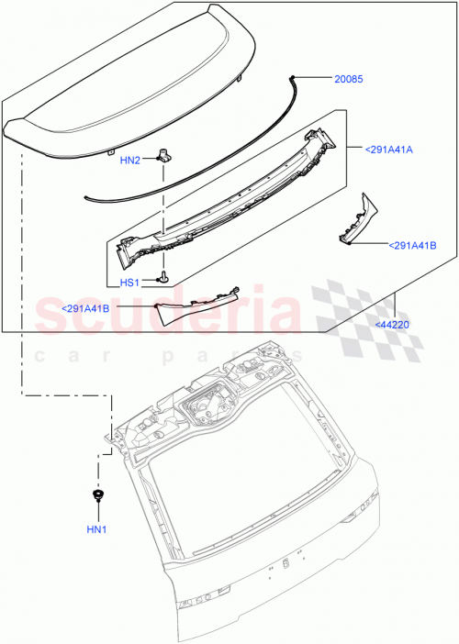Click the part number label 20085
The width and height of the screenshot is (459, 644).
349,80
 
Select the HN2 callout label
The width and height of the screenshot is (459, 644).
130,160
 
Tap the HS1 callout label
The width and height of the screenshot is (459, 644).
130,283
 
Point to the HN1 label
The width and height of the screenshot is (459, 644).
96,529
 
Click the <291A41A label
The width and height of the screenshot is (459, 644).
388,149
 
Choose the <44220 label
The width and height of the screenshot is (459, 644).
392,324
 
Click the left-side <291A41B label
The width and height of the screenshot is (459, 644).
85,308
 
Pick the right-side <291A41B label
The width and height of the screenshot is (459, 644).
412,246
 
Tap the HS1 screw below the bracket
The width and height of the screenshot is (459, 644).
164,275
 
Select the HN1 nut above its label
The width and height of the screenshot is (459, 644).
96,498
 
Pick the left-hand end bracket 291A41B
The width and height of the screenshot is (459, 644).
197,303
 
